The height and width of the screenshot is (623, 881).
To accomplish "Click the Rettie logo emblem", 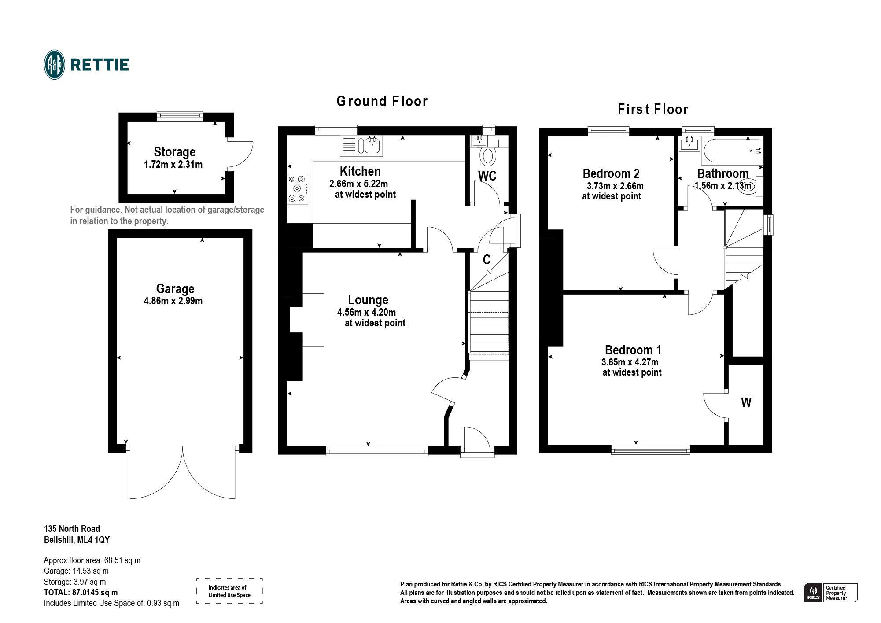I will [x=55, y=65].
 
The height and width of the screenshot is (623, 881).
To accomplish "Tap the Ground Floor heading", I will [x=382, y=101].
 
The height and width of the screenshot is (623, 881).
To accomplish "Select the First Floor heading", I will [x=652, y=109].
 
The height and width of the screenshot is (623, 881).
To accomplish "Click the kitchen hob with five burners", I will [x=297, y=188].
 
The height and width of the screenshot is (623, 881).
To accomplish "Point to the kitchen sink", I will [x=372, y=145].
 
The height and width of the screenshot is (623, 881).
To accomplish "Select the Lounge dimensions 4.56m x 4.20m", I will [x=366, y=312].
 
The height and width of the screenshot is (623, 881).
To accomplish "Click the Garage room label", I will [x=175, y=289].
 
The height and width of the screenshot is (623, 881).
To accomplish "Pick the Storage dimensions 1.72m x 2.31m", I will [x=173, y=165].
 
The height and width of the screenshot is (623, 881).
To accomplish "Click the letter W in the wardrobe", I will [x=746, y=402].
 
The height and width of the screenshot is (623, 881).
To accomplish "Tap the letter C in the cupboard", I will [x=487, y=260].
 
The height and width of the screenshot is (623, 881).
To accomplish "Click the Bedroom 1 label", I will [x=633, y=350].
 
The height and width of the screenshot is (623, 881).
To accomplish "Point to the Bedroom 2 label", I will [x=611, y=173].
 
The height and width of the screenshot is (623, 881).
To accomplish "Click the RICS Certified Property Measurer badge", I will [x=830, y=593].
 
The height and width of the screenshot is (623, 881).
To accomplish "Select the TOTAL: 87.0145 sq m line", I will [x=81, y=593].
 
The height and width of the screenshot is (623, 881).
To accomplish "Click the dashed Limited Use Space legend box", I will [x=229, y=591].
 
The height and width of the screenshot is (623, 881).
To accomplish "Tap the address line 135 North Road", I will [x=72, y=529].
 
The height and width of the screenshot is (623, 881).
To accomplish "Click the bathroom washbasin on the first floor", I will [x=689, y=144].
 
